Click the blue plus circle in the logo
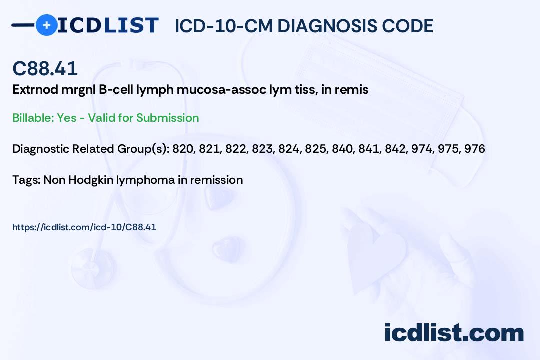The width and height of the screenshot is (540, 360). (x=46, y=25)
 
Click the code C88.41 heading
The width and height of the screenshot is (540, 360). (x=45, y=69)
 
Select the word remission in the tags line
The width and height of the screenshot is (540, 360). (x=217, y=180)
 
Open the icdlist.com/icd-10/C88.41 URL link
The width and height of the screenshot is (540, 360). (x=84, y=227)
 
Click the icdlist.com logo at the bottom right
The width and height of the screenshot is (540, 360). (x=454, y=333)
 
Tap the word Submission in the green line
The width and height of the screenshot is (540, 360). (x=167, y=118)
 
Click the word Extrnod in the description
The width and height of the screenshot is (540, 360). (x=33, y=90)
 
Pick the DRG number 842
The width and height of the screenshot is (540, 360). (x=395, y=149)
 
